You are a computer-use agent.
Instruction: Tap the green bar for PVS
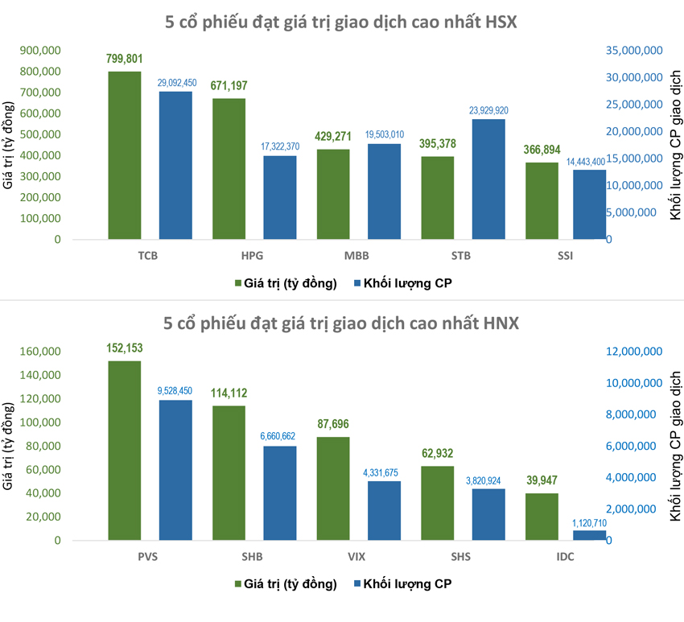click(x=125, y=450)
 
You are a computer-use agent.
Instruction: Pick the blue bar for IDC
click(x=590, y=535)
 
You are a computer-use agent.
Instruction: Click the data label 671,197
click(x=229, y=85)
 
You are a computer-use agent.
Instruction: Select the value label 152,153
click(x=125, y=348)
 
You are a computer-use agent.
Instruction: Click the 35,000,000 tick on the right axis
click(x=634, y=50)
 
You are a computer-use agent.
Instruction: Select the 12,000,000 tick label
click(x=634, y=352)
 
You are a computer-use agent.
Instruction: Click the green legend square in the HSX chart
click(x=239, y=283)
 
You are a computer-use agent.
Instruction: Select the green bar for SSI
click(x=542, y=200)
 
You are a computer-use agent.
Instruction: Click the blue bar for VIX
click(x=385, y=510)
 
